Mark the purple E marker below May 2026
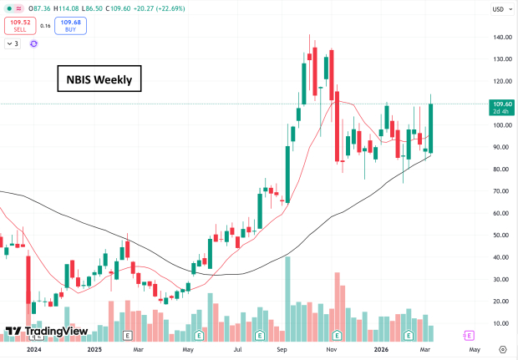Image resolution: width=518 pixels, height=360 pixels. pos(469,335)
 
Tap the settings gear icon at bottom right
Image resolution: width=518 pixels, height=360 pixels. pos(502,351)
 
